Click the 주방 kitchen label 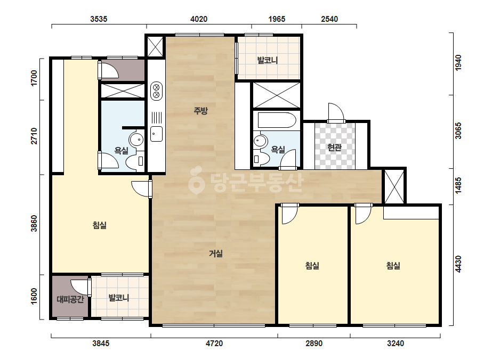(x=200, y=110)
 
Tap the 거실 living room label (x=216, y=253)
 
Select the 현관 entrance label (x=334, y=147)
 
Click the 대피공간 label (x=70, y=299)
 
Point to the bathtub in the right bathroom (x=277, y=120)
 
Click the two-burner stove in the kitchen (x=156, y=91)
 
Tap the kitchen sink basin (x=156, y=134)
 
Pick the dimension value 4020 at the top (x=199, y=19)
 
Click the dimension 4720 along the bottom (x=214, y=343)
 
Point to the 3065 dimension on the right (x=458, y=130)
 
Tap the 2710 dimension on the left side (x=34, y=136)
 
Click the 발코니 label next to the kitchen (x=268, y=60)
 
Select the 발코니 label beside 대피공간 (x=119, y=297)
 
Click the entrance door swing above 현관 (x=336, y=112)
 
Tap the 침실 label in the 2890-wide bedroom (x=312, y=266)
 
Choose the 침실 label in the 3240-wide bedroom (x=393, y=266)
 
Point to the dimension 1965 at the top (x=277, y=19)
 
